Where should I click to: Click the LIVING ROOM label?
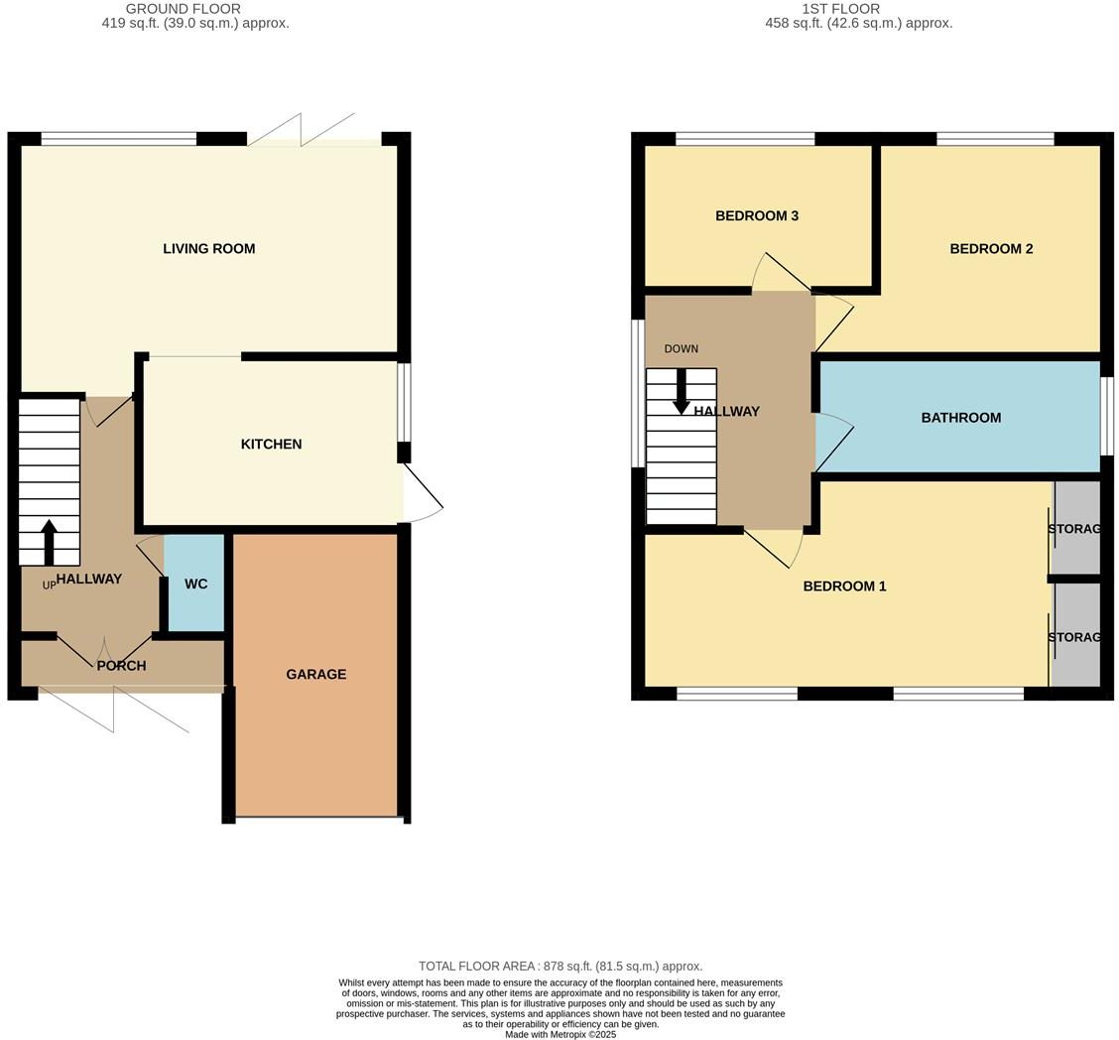click(x=208, y=249)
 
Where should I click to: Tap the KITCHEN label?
click(x=271, y=445)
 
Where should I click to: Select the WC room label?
click(x=195, y=585)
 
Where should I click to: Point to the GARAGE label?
click(x=315, y=675)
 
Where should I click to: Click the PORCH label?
click(x=121, y=666)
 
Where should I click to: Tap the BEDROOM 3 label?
click(x=756, y=216)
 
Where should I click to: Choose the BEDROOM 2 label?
click(x=991, y=249)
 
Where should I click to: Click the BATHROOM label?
click(x=960, y=418)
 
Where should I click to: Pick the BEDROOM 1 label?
click(x=844, y=586)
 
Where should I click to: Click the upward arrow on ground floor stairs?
click(x=49, y=541)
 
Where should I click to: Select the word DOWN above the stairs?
click(x=681, y=349)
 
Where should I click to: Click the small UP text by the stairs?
click(x=49, y=585)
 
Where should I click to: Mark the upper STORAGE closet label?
click(x=1074, y=529)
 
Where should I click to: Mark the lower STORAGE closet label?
click(x=1074, y=637)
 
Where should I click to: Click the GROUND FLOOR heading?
click(x=183, y=9)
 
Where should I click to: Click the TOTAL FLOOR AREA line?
click(x=559, y=967)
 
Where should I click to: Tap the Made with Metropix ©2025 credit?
click(x=559, y=1034)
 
